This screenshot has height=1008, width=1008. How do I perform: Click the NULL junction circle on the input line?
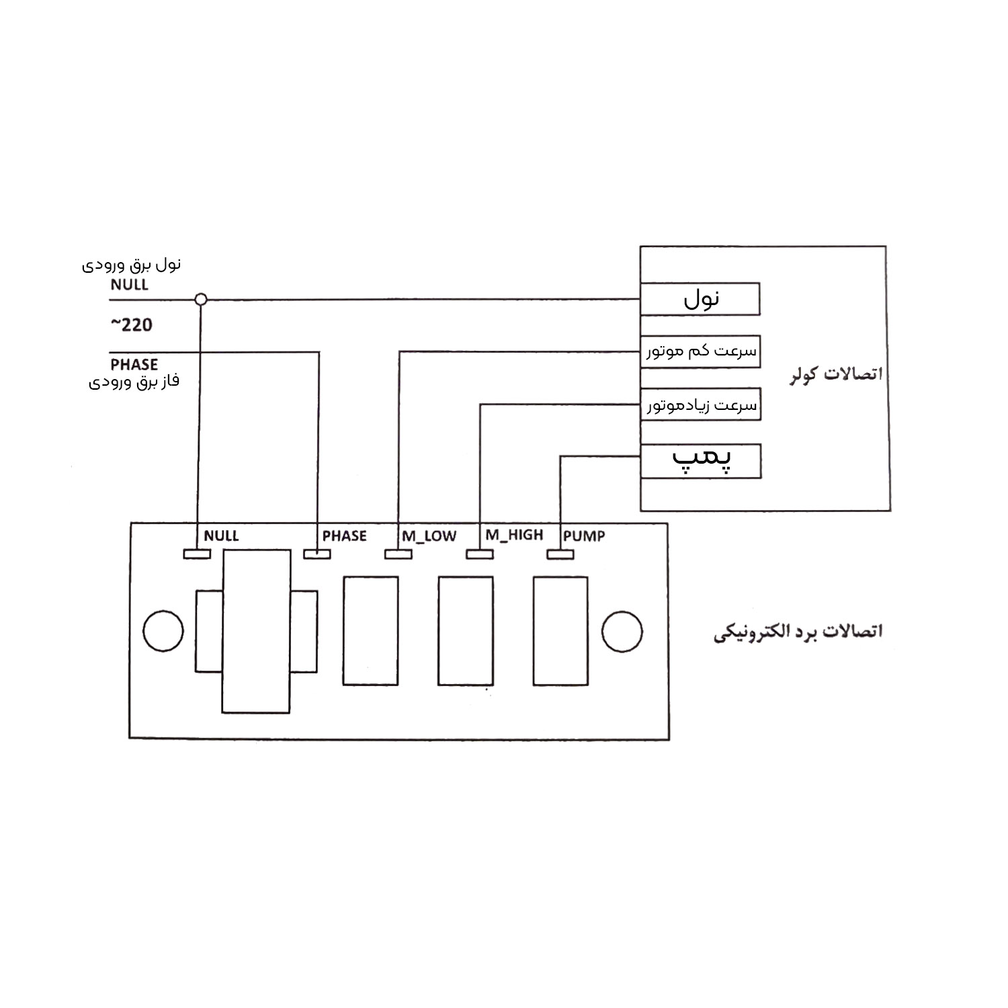tap(200, 299)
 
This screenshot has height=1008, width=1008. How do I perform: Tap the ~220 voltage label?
tap(132, 325)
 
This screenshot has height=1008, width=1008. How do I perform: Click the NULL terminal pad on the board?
tap(197, 554)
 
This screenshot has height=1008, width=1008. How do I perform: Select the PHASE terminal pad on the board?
tap(317, 554)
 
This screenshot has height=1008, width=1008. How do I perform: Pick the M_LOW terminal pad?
tap(398, 554)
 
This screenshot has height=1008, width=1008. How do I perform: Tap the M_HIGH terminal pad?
tap(480, 554)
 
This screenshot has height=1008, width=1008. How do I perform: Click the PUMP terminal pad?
tap(560, 554)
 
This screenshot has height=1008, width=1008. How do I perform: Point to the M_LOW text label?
tap(429, 536)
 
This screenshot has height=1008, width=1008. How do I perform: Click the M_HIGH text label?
tap(514, 535)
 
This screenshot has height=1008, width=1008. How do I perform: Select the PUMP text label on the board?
tap(584, 536)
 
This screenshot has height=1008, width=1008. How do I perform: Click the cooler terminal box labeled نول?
tap(700, 299)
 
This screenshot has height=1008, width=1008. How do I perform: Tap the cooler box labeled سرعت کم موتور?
tap(700, 351)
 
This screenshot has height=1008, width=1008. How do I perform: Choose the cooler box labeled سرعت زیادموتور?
tap(700, 405)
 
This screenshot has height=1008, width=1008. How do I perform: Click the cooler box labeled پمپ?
tap(700, 461)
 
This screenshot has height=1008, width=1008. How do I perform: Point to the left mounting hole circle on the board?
tap(163, 631)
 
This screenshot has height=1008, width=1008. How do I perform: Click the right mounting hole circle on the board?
tap(622, 631)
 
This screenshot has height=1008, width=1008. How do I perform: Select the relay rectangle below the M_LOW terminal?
tap(370, 631)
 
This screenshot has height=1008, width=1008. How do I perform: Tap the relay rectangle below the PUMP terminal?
tap(560, 631)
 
